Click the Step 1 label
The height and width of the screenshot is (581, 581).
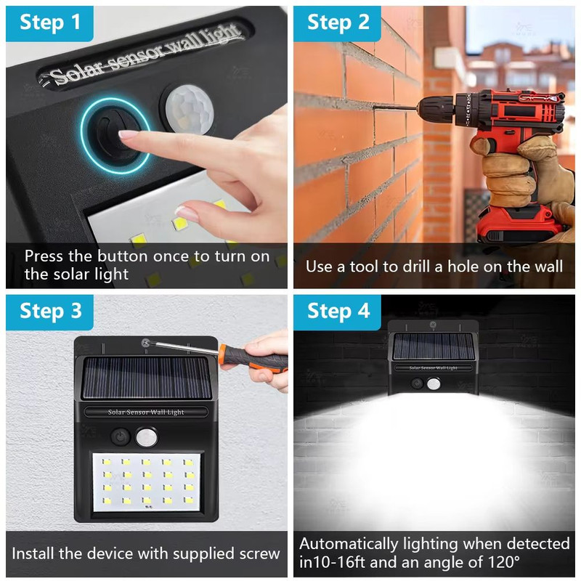tap(49, 23)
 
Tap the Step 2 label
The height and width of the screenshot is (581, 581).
tap(338, 23)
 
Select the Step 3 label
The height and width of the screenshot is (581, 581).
tap(50, 311)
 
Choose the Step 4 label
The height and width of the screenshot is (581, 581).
tap(338, 311)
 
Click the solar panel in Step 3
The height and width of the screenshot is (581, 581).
tap(147, 378)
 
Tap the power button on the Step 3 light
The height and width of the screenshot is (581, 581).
tap(120, 437)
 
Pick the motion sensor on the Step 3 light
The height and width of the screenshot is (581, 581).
tap(147, 437)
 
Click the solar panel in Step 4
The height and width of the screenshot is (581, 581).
tap(434, 346)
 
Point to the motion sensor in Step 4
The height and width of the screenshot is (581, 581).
tap(433, 384)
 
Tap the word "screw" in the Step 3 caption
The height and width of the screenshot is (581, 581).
tap(259, 553)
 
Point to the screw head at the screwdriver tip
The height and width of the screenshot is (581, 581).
tap(146, 343)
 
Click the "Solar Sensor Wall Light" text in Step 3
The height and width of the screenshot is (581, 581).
tap(146, 412)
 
